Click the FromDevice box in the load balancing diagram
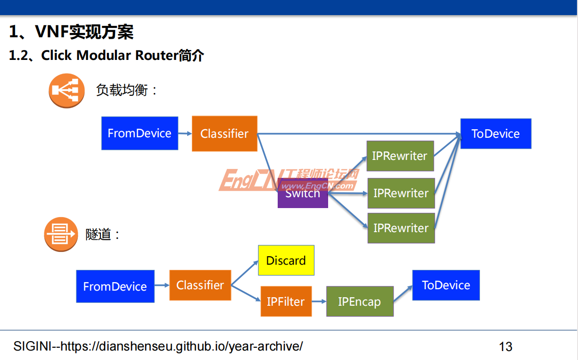click(140, 133)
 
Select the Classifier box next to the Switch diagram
click(224, 134)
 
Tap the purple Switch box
click(303, 193)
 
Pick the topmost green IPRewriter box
click(400, 156)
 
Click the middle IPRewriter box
click(401, 193)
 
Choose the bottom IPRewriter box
click(401, 228)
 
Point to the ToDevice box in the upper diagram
click(495, 134)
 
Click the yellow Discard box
click(286, 260)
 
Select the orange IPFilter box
click(286, 301)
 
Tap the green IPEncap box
click(359, 301)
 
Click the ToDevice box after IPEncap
click(446, 285)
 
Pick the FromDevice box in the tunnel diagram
click(115, 286)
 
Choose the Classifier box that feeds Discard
click(200, 285)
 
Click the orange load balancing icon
click(66, 91)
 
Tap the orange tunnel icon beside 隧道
click(61, 234)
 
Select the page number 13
click(505, 347)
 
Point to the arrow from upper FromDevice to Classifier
click(185, 134)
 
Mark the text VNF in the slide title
click(52, 32)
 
